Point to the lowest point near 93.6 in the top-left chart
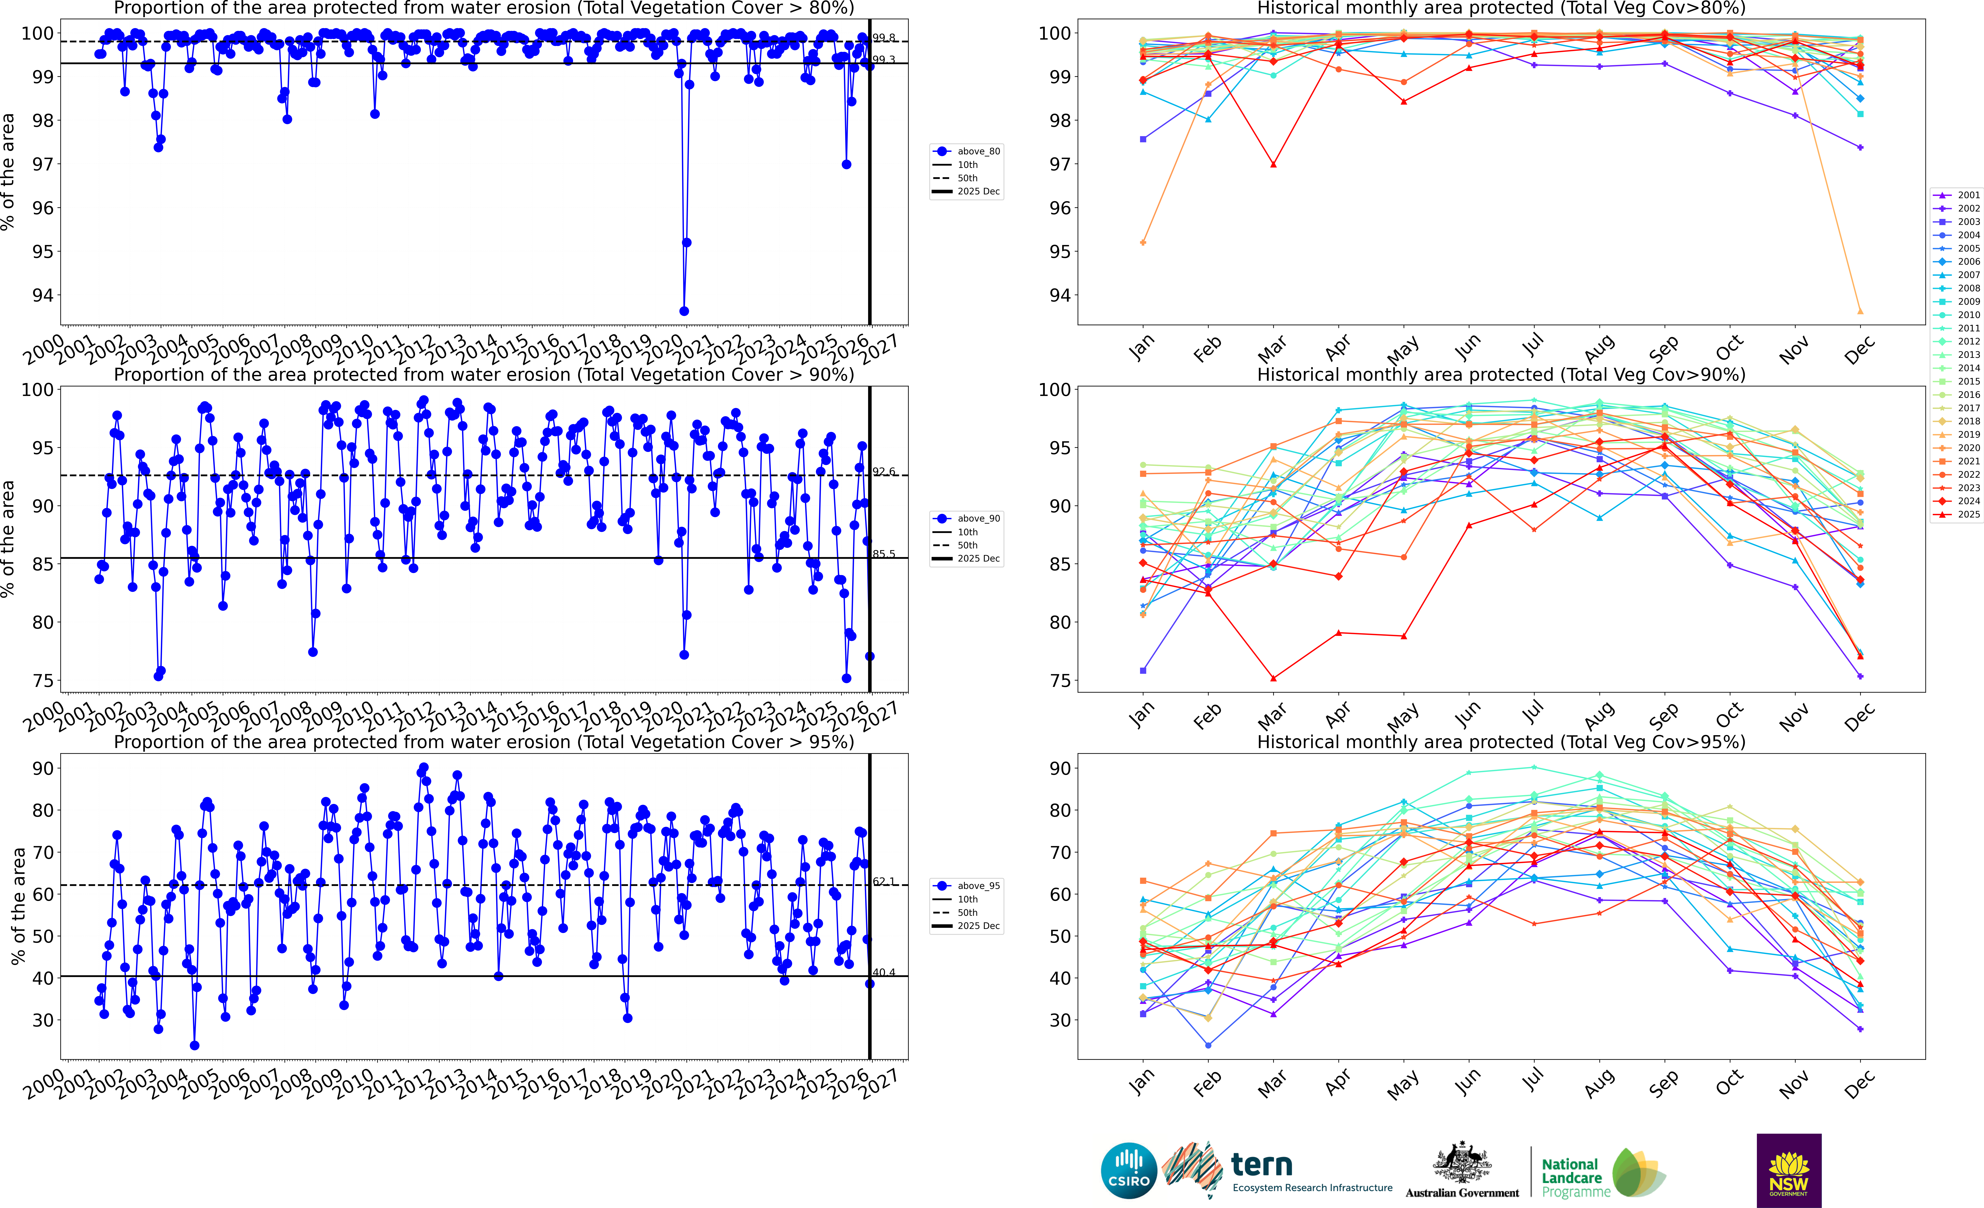click(684, 311)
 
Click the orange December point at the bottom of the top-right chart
click(1860, 312)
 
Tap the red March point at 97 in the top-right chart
click(1273, 164)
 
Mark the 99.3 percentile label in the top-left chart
click(883, 60)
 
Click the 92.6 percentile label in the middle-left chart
click(883, 472)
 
